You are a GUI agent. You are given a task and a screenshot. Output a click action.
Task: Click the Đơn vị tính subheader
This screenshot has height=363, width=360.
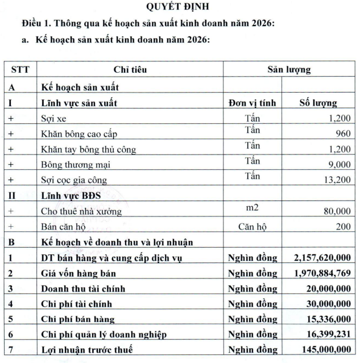pyautogui.click(x=252, y=103)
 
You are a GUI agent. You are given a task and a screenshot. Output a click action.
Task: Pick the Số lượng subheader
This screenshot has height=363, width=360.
pyautogui.click(x=318, y=103)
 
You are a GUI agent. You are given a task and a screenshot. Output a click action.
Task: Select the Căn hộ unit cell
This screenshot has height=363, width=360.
pyautogui.click(x=252, y=227)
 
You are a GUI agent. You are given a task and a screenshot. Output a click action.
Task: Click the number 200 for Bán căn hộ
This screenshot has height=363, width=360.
pyautogui.click(x=343, y=227)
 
